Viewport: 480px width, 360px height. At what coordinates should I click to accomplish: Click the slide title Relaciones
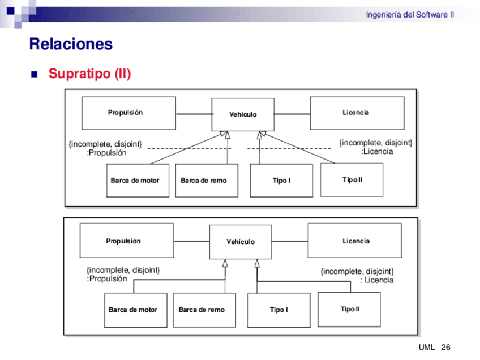coord(71,44)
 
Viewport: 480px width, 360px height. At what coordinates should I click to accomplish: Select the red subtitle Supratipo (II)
coord(89,74)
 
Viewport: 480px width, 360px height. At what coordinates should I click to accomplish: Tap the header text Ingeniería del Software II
coord(409,15)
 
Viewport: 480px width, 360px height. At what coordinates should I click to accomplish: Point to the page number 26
coord(445,347)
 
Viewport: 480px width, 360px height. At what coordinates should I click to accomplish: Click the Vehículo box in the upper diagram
coord(243,114)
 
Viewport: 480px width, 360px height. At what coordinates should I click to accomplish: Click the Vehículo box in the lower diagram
coord(241,242)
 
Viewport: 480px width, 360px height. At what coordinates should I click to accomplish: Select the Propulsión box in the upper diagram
coord(128,113)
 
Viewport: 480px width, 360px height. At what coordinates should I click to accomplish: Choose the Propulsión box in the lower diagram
coord(126,241)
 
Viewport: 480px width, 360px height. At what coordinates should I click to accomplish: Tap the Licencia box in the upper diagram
coord(357,113)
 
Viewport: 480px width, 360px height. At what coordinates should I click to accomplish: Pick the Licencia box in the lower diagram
coord(355,241)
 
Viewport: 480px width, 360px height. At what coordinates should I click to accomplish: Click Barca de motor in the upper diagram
coord(138,180)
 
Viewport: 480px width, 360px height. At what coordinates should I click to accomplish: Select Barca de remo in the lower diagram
coord(204,310)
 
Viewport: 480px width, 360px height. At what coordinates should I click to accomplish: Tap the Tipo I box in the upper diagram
coord(281,180)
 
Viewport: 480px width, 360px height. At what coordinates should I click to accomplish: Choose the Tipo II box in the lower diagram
coord(349,309)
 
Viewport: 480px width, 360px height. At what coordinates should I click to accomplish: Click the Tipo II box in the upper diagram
coord(352,179)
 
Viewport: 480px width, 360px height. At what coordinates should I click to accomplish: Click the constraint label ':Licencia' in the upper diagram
coord(377,151)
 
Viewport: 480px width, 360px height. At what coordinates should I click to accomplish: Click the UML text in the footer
coord(426,347)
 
